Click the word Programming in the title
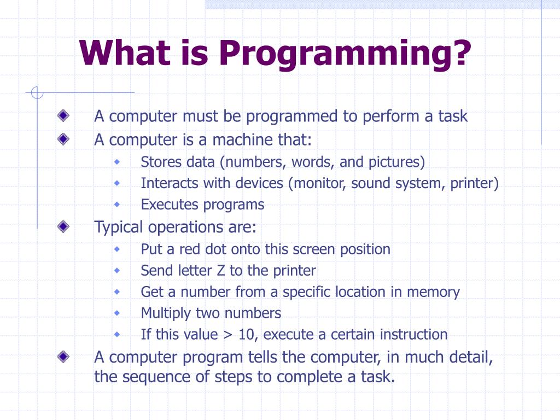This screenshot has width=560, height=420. click(345, 54)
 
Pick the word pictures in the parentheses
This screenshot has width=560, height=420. click(395, 162)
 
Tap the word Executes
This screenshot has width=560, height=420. click(170, 205)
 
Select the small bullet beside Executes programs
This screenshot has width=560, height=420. click(116, 205)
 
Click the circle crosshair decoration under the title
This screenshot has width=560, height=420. click(37, 93)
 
